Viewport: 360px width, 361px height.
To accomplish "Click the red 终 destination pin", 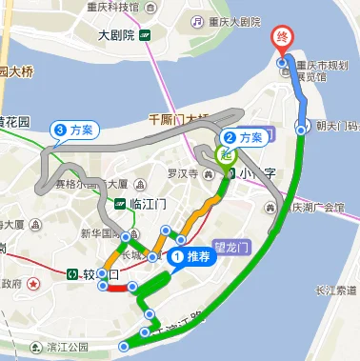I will point(282,39).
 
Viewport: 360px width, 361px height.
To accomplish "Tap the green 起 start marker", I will point(227,152).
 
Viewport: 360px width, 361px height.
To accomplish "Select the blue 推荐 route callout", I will point(190,255).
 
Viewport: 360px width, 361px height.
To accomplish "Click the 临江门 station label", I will point(148,203).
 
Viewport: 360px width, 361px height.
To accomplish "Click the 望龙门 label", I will point(231,244).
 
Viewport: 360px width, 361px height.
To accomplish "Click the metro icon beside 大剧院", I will point(144,36).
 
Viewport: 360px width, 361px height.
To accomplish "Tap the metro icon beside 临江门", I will point(120,203).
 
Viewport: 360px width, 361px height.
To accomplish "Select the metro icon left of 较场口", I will point(73,274).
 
